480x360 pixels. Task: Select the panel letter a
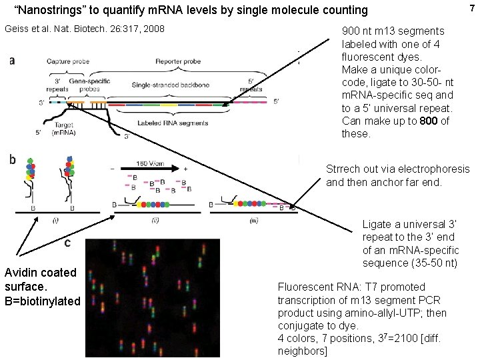point(13,61)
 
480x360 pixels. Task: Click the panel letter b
point(12,159)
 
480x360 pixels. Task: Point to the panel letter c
point(67,243)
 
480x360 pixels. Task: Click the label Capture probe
point(65,61)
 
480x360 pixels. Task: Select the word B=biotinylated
point(41,301)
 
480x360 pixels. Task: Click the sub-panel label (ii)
point(155,219)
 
